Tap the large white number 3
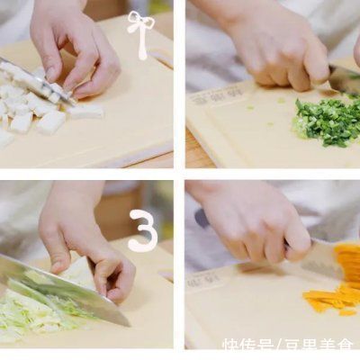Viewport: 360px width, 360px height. click(x=142, y=232)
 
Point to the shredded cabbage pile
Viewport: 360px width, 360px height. click(x=36, y=310)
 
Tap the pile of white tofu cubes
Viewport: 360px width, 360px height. click(x=31, y=108)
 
